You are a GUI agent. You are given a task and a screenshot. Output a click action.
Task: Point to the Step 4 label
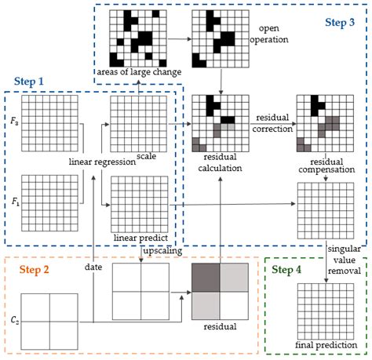(290, 269)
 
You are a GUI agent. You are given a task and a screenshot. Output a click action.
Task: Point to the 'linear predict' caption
(139, 237)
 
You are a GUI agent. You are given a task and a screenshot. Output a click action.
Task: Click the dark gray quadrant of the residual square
(206, 278)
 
